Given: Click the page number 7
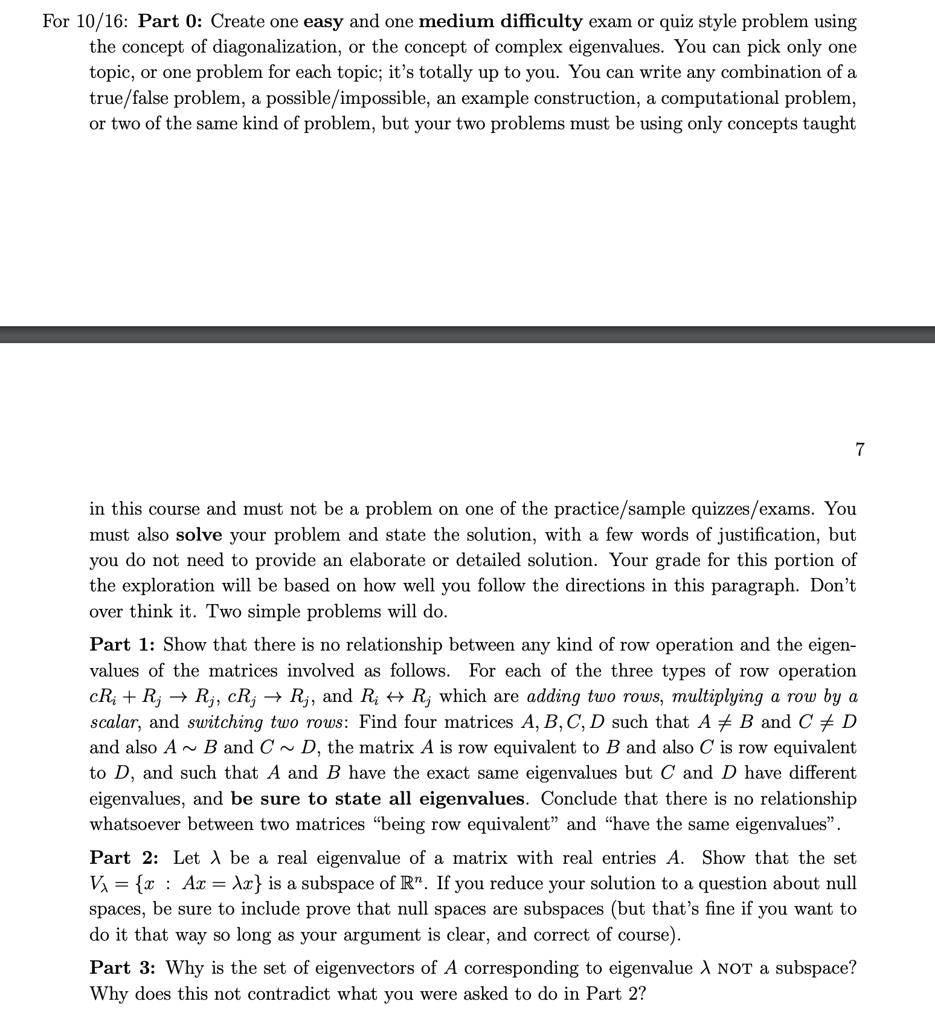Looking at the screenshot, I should pyautogui.click(x=860, y=449).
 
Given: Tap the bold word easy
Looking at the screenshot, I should pyautogui.click(x=323, y=22).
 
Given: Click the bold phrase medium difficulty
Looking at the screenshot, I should pyautogui.click(x=500, y=22).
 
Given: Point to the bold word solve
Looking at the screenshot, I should pyautogui.click(x=199, y=535).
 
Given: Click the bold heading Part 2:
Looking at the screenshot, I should pyautogui.click(x=124, y=858).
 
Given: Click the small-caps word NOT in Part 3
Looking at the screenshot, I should pyautogui.click(x=736, y=969).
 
